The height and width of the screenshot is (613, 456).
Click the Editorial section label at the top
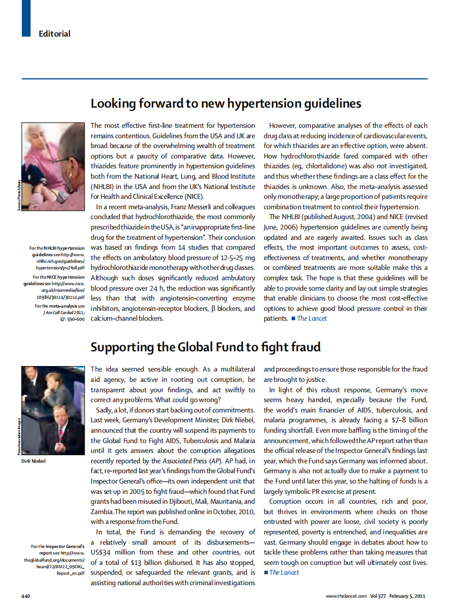click(55, 34)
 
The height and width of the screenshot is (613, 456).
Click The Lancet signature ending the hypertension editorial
click(312, 319)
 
